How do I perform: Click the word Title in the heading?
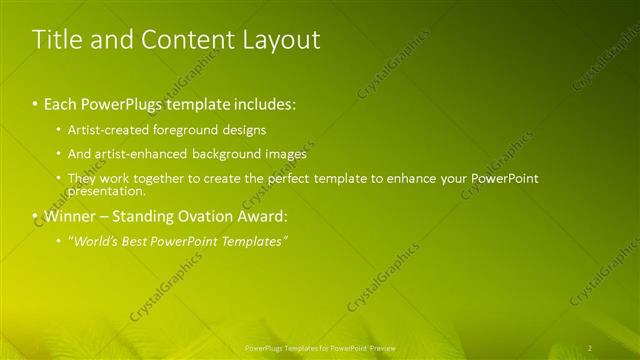pyautogui.click(x=59, y=40)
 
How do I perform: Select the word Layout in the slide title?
pyautogui.click(x=278, y=40)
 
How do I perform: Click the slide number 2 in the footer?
pyautogui.click(x=590, y=347)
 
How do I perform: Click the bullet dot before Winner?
pyautogui.click(x=36, y=216)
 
